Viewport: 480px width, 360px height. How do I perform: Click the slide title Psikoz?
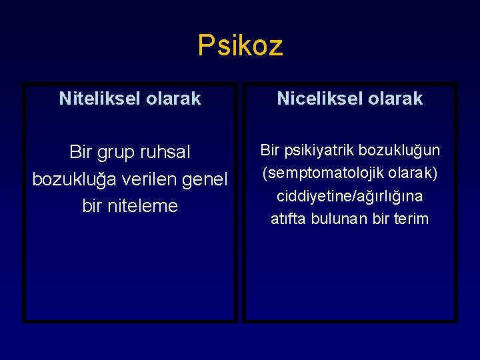(240, 45)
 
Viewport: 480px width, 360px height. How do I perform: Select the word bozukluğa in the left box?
(72, 179)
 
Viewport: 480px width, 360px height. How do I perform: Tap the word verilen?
(147, 179)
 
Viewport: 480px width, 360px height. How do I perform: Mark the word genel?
(204, 179)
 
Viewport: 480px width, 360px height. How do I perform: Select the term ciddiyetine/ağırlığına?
(350, 196)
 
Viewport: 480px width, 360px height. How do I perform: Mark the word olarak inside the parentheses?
(413, 173)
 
